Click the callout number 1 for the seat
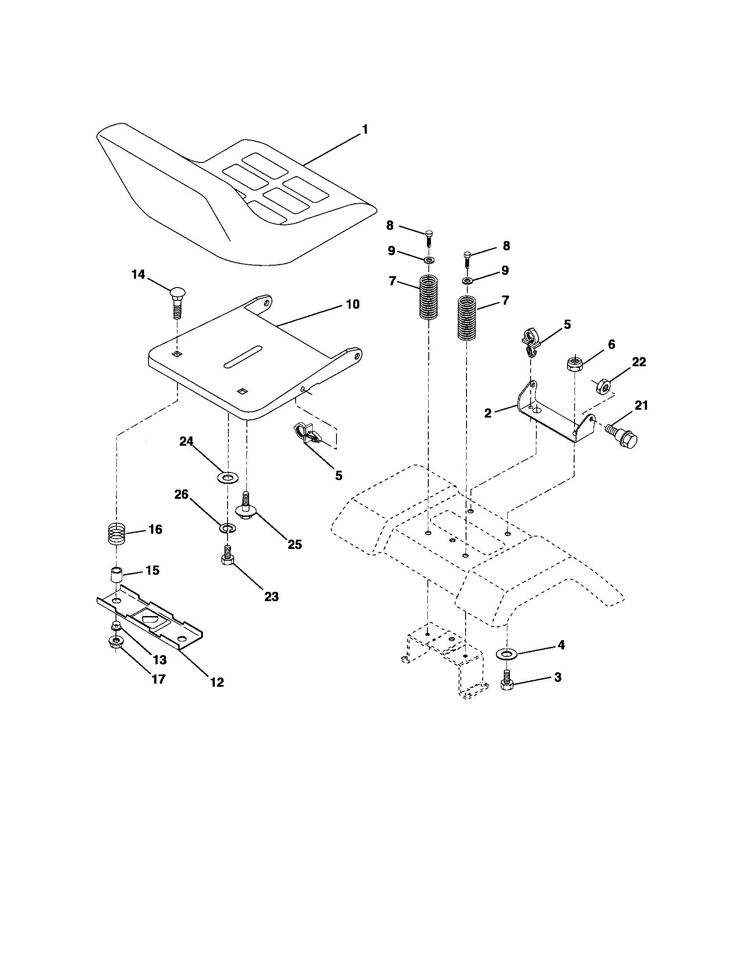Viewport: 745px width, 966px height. [365, 129]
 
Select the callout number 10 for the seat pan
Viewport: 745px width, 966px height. [353, 304]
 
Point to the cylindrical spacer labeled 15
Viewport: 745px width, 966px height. [116, 576]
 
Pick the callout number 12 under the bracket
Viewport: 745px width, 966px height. [217, 682]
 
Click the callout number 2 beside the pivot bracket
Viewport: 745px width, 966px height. [488, 414]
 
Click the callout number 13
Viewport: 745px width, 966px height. [160, 660]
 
